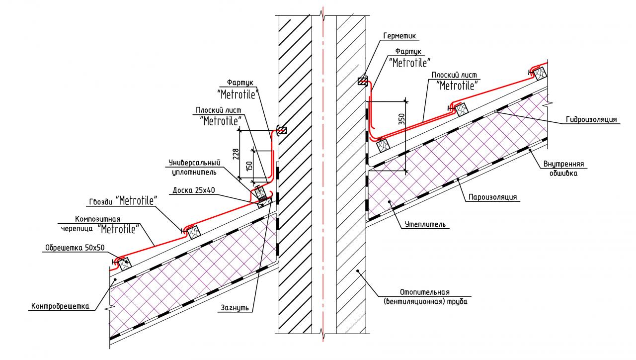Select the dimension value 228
coord(236,154)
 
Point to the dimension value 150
coord(250,164)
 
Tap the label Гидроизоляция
coord(591,120)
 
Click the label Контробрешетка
coord(60,306)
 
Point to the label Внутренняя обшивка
coord(563,169)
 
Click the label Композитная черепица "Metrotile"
coord(106,224)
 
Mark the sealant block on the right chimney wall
coord(363,81)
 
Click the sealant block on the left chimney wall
coord(282,131)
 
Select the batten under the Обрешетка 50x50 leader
coord(122,262)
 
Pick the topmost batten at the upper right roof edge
coord(539,73)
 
